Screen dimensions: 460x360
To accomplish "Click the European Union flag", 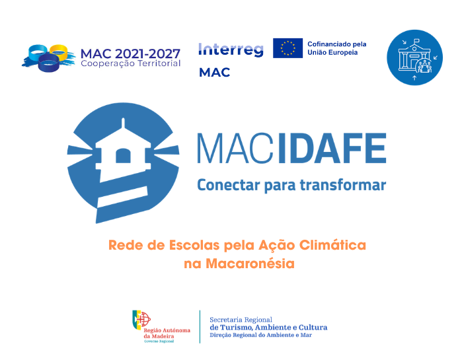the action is pos(287,48).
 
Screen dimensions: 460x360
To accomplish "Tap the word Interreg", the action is pos(231,50).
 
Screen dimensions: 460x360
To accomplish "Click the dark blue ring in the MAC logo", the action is pos(49,63).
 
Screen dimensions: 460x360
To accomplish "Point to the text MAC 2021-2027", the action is pos(130,54).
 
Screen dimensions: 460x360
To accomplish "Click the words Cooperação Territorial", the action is pos(131,63).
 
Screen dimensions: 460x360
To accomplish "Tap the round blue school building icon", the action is pos(414,57).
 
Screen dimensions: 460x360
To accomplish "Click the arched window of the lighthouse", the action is pos(123,155).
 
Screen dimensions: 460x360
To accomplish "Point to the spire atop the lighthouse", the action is pos(123,123).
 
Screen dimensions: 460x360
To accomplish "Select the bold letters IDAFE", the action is pos(332,148).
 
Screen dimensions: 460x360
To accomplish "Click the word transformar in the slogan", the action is pos(342,185).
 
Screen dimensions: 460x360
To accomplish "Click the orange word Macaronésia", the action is pos(250,264).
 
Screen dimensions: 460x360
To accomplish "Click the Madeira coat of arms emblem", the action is pos(141,320).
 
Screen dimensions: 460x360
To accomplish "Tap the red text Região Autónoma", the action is pos(167,330).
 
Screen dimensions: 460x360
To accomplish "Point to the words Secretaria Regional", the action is pos(241,320).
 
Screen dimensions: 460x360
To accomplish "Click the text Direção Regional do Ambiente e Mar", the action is pos(261,335).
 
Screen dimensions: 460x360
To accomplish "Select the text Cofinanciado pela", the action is pos(337,44).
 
